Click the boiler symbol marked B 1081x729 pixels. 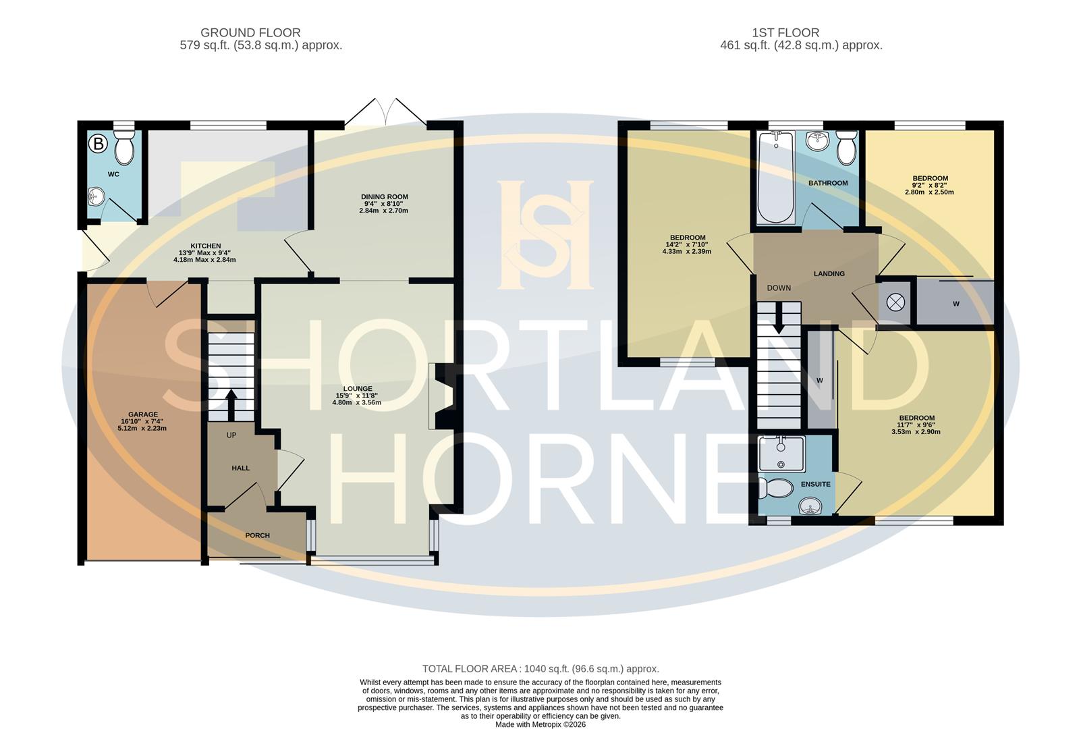click(x=99, y=143)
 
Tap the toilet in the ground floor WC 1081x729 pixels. click(x=124, y=148)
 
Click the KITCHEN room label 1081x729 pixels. click(x=205, y=246)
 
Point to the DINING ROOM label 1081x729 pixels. click(x=384, y=196)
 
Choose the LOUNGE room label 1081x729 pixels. click(x=357, y=389)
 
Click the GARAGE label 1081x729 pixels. click(x=143, y=414)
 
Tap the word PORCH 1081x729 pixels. click(x=257, y=535)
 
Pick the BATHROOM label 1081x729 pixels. click(x=828, y=183)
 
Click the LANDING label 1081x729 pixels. click(x=829, y=273)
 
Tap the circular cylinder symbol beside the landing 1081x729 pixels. click(x=895, y=302)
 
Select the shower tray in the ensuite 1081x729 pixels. click(x=781, y=454)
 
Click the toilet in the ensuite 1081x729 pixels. click(x=775, y=487)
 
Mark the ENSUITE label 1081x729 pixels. click(x=815, y=484)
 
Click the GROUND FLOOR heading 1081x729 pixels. click(x=250, y=32)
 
